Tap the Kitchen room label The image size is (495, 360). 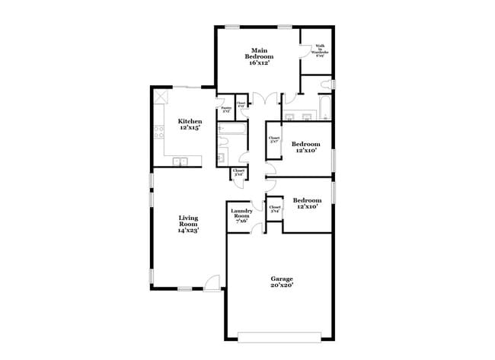190,121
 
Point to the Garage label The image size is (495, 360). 281,279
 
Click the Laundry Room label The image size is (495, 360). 241,213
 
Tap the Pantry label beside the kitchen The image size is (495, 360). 225,110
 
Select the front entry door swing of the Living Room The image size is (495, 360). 214,282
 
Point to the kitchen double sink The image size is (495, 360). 181,161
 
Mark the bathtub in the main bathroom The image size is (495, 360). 323,107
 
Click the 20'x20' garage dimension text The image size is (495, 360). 281,285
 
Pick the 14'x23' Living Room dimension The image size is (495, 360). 188,230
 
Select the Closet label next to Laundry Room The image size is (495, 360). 274,208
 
